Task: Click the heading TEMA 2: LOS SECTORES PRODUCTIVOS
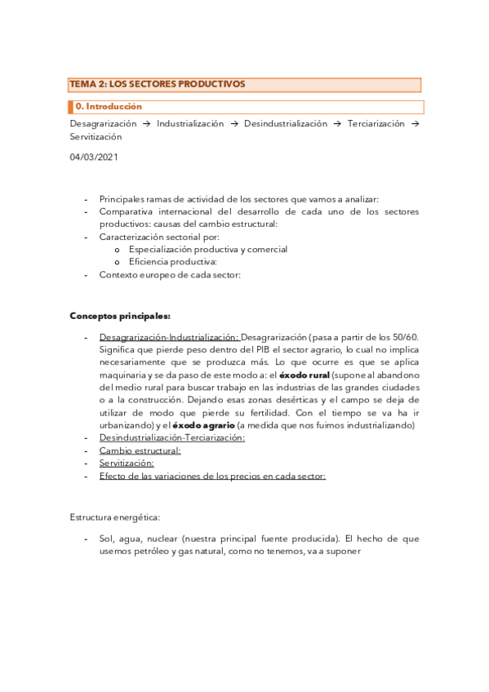(x=158, y=84)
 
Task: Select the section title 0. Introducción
(x=109, y=107)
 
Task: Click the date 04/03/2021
(x=94, y=157)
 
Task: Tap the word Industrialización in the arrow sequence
(x=190, y=124)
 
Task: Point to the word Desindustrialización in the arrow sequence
(x=285, y=124)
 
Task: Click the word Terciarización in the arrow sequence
(x=376, y=124)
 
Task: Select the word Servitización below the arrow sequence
(x=96, y=137)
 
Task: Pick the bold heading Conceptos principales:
(x=120, y=315)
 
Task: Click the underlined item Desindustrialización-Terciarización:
(x=171, y=437)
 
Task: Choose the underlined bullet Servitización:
(x=127, y=463)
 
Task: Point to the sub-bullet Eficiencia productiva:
(x=172, y=262)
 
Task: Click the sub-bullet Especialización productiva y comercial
(x=208, y=249)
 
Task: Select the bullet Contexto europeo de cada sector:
(x=170, y=275)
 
